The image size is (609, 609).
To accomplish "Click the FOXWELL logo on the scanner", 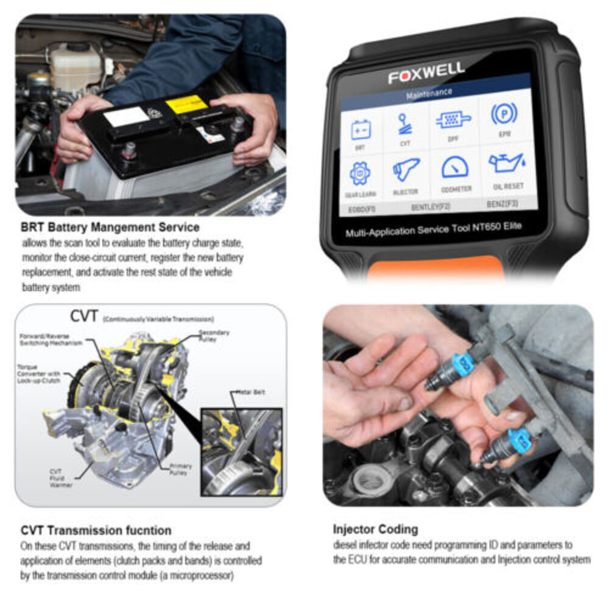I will coord(426,73).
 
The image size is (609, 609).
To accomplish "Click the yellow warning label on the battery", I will coord(186,104).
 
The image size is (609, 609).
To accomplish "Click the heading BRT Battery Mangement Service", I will coord(110,227).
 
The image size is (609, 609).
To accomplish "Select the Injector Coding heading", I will coord(375,529).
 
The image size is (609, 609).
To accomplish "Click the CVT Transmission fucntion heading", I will coord(96,530).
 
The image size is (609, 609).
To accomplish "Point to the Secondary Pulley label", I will coord(214,336).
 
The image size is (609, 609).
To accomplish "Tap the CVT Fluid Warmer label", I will coord(61,477).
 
